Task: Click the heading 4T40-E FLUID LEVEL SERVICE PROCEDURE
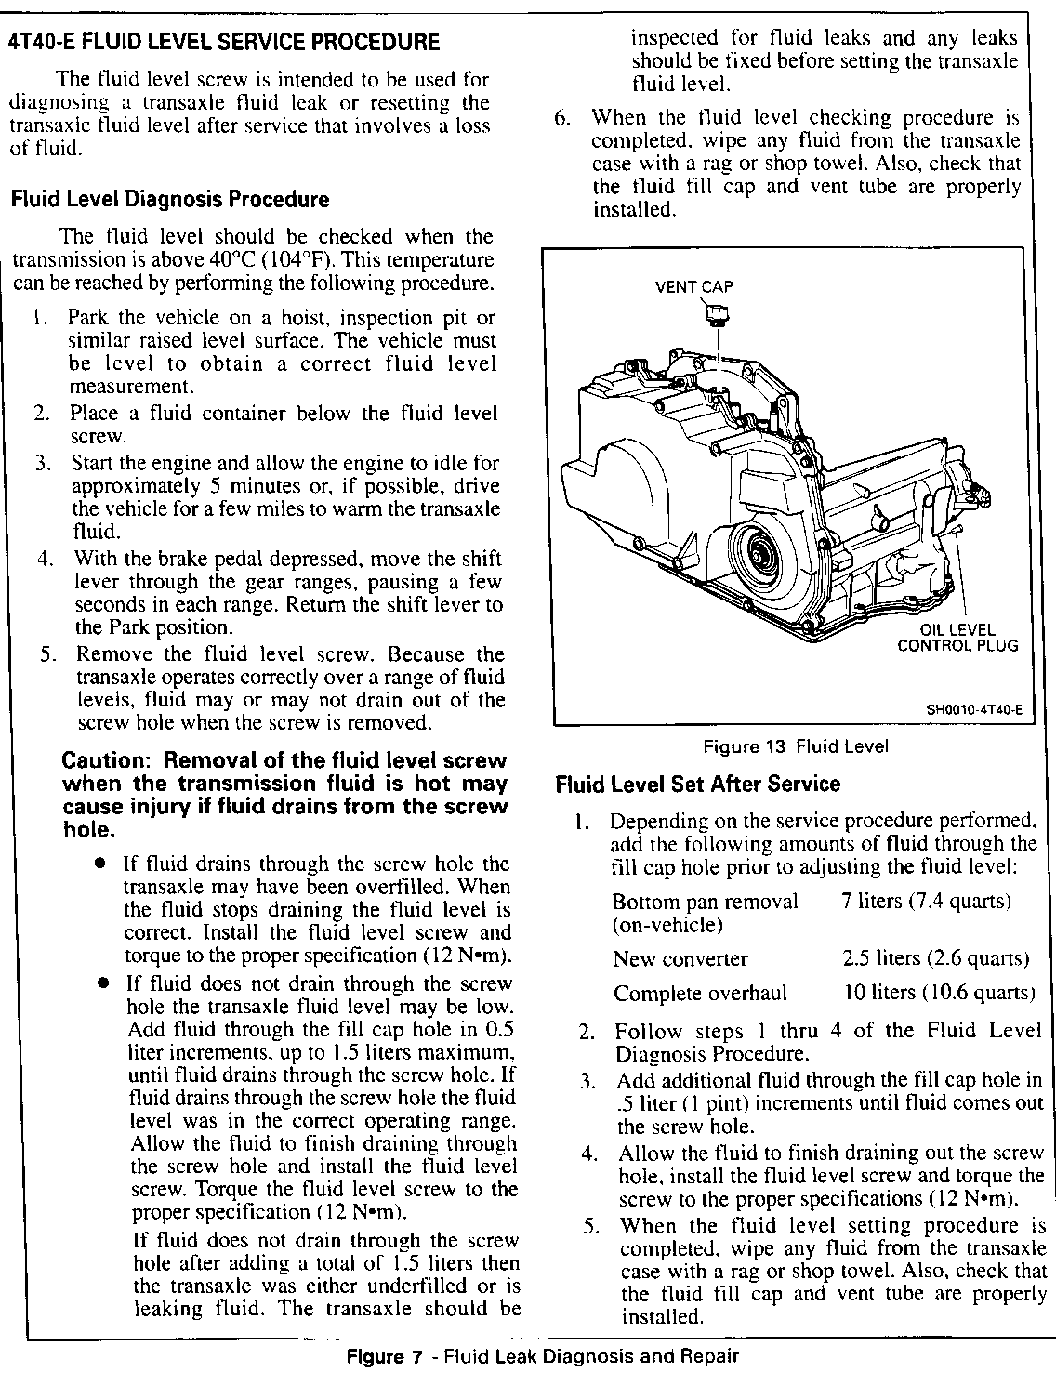tap(223, 42)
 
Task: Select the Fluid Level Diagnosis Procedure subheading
tap(169, 199)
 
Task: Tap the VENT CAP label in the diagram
tap(693, 286)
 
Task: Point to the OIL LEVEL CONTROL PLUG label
tap(957, 638)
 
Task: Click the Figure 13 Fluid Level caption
tap(796, 746)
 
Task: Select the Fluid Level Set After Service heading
tap(697, 784)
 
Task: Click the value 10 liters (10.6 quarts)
tap(939, 992)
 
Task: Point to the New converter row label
tap(680, 959)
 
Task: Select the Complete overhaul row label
tap(700, 993)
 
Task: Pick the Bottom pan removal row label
tap(706, 902)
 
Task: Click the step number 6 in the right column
tap(561, 118)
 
